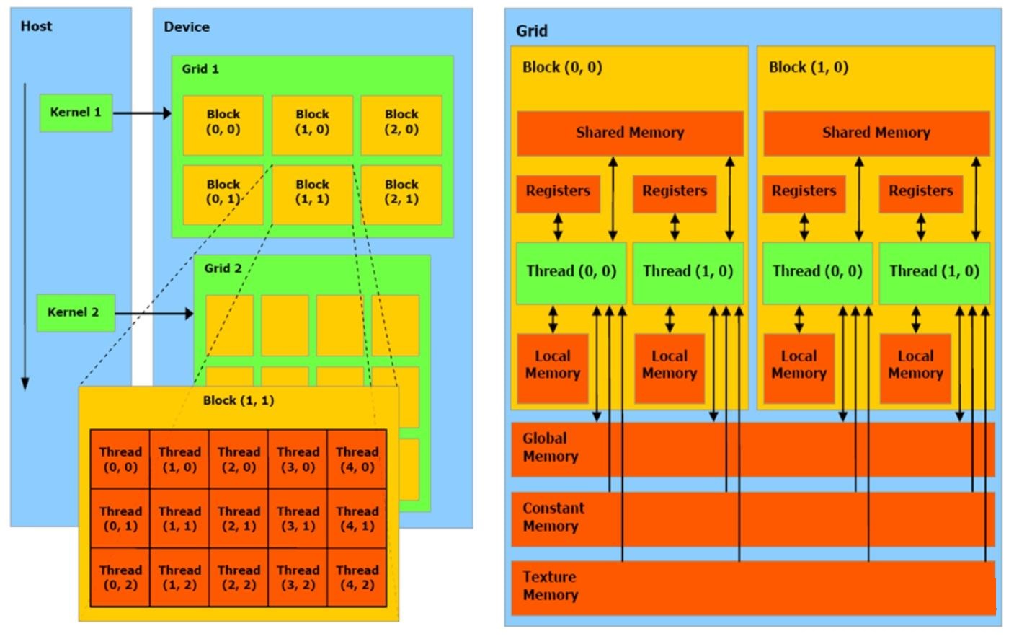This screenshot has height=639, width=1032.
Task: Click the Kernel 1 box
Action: click(x=76, y=113)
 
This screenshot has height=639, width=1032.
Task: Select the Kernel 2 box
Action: click(x=76, y=312)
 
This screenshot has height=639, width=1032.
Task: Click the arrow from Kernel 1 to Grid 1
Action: click(x=143, y=113)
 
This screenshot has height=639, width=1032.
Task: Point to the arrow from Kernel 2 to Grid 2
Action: click(x=154, y=314)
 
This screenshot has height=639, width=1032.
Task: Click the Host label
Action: click(x=37, y=26)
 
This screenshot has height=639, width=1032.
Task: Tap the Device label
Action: click(x=187, y=27)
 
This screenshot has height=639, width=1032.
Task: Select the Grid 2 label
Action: click(x=223, y=268)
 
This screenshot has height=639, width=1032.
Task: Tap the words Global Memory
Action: click(x=551, y=447)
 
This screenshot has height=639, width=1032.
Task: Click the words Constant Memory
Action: click(x=553, y=517)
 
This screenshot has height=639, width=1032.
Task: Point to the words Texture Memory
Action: click(x=550, y=586)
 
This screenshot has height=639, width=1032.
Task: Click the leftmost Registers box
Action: click(x=558, y=193)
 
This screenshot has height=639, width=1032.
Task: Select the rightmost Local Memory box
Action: click(x=915, y=369)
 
